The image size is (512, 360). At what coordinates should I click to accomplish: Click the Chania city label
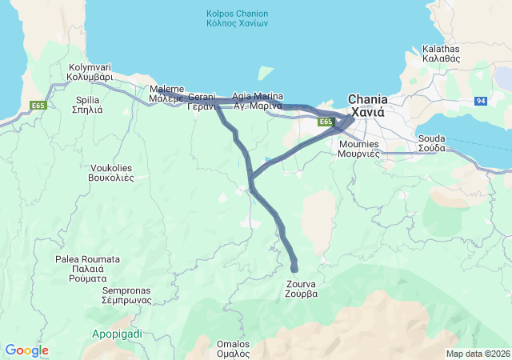point(367,106)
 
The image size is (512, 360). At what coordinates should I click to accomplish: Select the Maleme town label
point(166,94)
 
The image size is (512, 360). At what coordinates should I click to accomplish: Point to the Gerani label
point(202,101)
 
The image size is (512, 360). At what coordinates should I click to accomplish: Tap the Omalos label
point(234,348)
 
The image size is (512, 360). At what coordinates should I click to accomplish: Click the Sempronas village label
point(126,295)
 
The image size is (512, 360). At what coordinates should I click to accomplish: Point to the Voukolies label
point(110,173)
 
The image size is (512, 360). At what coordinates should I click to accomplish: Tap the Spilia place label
point(87,105)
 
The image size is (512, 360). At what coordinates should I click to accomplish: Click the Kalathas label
point(441,54)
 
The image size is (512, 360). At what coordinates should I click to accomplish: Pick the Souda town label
point(432,143)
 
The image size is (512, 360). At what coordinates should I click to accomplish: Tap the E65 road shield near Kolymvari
point(38,105)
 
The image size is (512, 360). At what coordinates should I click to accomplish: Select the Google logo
point(26,350)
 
